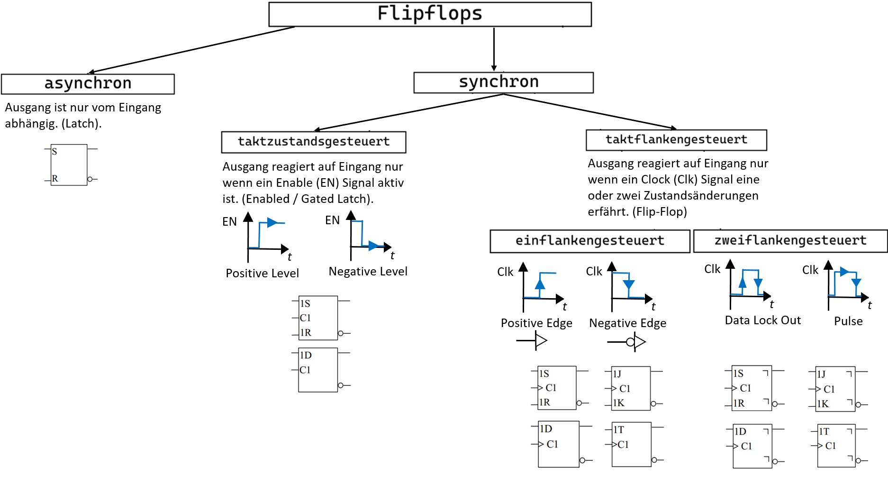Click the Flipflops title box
430,14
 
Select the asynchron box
88,84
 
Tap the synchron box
503,82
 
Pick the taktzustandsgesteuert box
314,142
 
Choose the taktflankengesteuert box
676,140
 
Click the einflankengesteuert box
590,241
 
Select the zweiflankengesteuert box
790,241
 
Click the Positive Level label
262,274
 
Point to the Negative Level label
368,272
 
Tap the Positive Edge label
536,323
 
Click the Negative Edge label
627,323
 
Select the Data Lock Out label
762,320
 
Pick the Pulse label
848,321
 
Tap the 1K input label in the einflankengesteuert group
619,403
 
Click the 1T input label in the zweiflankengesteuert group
824,431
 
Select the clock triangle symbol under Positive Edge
541,340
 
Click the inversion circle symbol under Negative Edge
630,342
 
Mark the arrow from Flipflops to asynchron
191,49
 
